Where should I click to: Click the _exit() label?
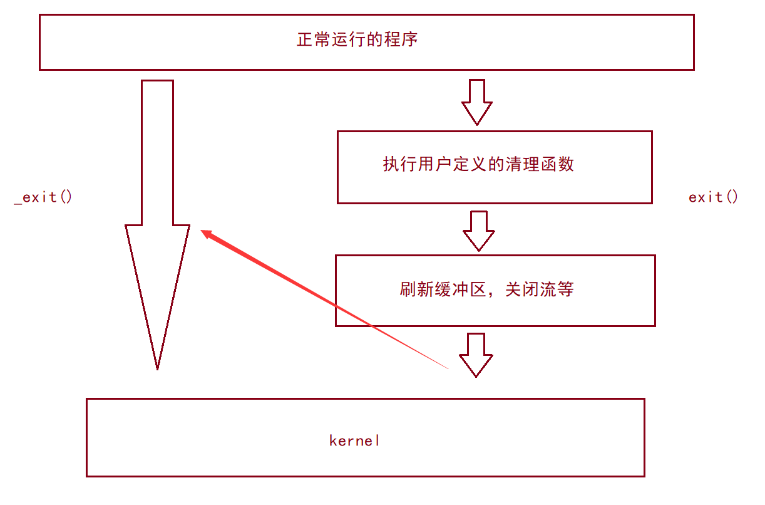43,197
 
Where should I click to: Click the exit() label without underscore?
713,197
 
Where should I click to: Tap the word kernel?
354,440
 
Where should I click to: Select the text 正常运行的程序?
357,40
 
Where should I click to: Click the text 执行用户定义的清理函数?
478,165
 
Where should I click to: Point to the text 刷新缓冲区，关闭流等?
486,289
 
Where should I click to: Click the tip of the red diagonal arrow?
202,231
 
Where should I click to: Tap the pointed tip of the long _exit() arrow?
157,368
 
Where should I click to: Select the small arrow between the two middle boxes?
479,231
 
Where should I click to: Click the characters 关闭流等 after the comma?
539,289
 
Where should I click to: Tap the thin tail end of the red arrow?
447,368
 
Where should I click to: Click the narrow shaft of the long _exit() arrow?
157,150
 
